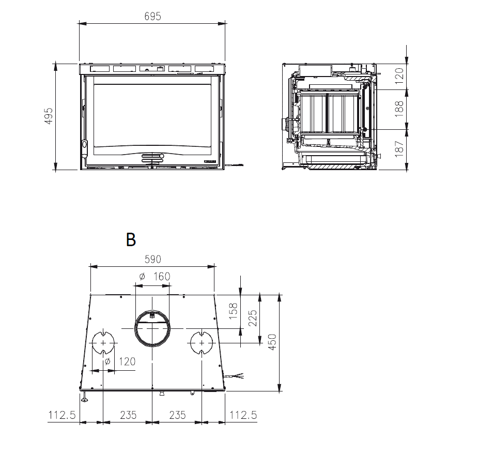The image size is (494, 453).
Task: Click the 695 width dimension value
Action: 152,17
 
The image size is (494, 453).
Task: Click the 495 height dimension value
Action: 49,116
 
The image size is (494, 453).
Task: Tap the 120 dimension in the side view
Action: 399,75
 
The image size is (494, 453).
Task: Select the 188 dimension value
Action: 399,109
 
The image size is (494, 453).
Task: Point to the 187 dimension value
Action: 399,149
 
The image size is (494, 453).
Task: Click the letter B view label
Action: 131,239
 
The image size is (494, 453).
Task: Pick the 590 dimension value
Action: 152,260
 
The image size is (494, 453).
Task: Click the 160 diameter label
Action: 155,277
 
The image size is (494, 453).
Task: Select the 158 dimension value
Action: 233,311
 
